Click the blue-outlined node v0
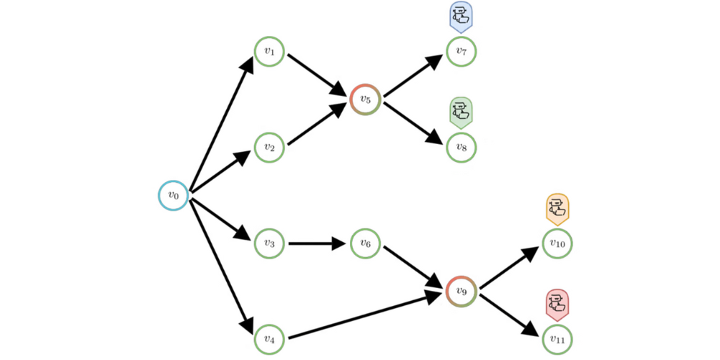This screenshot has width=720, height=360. pos(174,195)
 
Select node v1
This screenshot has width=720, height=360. pos(269,52)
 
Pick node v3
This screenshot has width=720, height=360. pos(269,244)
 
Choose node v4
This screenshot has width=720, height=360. pos(269,338)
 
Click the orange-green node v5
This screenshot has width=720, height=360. pos(365,99)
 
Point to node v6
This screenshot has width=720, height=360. pos(365,244)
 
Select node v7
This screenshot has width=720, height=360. pos(462,52)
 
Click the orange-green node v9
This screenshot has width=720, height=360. pos(462,291)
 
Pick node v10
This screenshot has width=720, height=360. pos(557,244)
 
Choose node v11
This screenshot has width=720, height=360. pos(557,338)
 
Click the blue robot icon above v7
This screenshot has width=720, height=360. pos(461,15)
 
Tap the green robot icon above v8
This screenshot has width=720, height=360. pos(461,112)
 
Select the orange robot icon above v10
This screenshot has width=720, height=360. pos(557,208)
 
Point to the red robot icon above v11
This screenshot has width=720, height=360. pos(557,304)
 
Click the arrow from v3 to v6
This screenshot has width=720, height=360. pos(317,244)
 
